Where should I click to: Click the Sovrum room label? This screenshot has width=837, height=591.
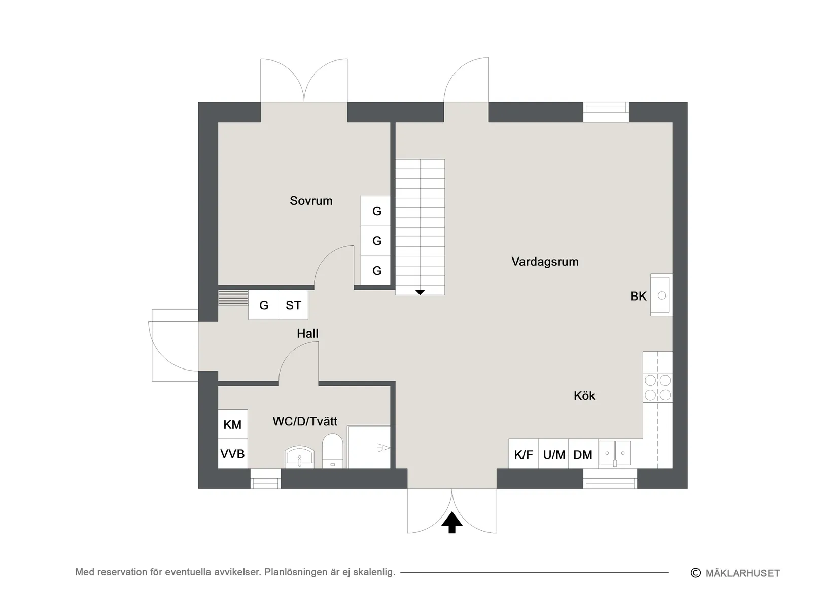click(x=311, y=201)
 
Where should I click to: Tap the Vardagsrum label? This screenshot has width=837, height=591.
click(x=545, y=262)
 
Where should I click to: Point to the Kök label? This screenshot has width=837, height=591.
click(x=584, y=396)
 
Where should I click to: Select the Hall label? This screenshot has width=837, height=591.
click(x=307, y=334)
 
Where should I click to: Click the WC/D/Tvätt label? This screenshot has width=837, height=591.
click(x=305, y=421)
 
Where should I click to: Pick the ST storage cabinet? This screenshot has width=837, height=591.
click(x=293, y=305)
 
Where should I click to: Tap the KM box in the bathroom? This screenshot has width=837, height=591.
click(x=233, y=424)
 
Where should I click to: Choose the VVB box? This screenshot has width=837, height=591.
click(x=233, y=454)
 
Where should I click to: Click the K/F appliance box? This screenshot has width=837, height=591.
click(x=524, y=454)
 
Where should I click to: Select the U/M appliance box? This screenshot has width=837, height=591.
click(x=553, y=454)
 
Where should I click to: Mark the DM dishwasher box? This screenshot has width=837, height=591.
click(x=583, y=454)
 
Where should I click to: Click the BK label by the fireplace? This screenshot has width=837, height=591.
click(x=638, y=297)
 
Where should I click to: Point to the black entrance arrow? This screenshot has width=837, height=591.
click(x=452, y=522)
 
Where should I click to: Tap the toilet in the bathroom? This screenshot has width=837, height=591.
click(x=333, y=451)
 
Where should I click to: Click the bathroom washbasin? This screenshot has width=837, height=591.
click(x=299, y=457)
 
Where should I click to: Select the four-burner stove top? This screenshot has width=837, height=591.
click(x=657, y=388)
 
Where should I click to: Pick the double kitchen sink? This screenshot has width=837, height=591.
click(x=615, y=453)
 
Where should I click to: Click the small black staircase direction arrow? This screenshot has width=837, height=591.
click(x=420, y=292)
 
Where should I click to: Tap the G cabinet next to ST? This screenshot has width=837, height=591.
click(x=263, y=305)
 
